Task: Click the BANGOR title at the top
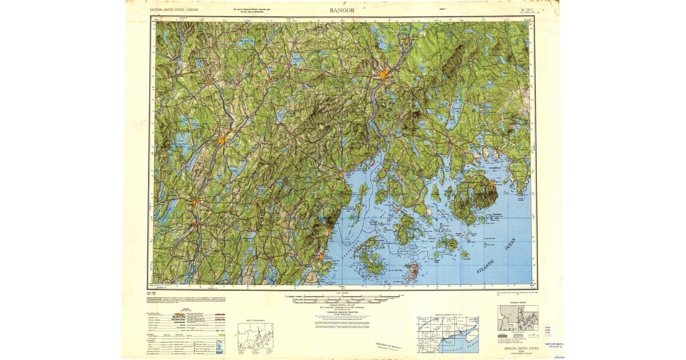pyautogui.click(x=342, y=10)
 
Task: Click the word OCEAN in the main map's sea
pyautogui.click(x=510, y=244)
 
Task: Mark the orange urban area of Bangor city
pyautogui.click(x=385, y=74)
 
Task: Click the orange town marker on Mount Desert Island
pyautogui.click(x=490, y=182)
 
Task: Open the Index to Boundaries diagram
pyautogui.click(x=256, y=336)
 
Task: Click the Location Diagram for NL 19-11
pyautogui.click(x=448, y=333)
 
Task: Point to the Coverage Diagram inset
pyautogui.click(x=518, y=319)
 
